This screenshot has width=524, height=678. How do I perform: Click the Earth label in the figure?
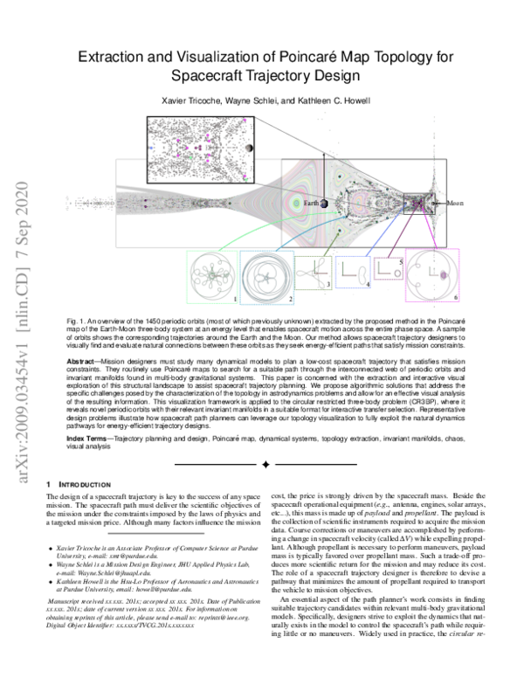tap(311, 204)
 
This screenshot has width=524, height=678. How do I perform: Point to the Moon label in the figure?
tap(455, 203)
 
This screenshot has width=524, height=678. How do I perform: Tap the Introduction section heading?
tap(86, 483)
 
